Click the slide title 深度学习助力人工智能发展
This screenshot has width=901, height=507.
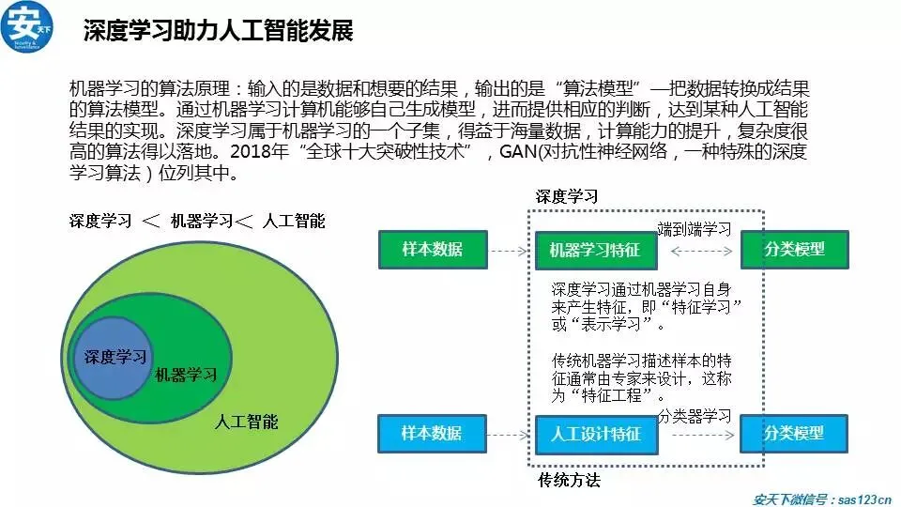[x=218, y=31]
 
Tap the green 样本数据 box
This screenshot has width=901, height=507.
[x=433, y=250]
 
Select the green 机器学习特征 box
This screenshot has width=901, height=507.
[x=594, y=251]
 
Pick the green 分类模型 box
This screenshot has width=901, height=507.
[x=794, y=250]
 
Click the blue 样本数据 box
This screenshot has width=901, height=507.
[x=432, y=434]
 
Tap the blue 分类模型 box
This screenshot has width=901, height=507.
[x=794, y=434]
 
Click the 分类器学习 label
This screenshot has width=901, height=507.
[x=695, y=414]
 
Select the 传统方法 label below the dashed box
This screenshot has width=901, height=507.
[x=569, y=481]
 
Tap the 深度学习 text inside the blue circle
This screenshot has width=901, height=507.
[x=115, y=358]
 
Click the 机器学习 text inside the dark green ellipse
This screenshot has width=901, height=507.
[x=186, y=375]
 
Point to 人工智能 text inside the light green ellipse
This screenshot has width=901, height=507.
[x=246, y=422]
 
